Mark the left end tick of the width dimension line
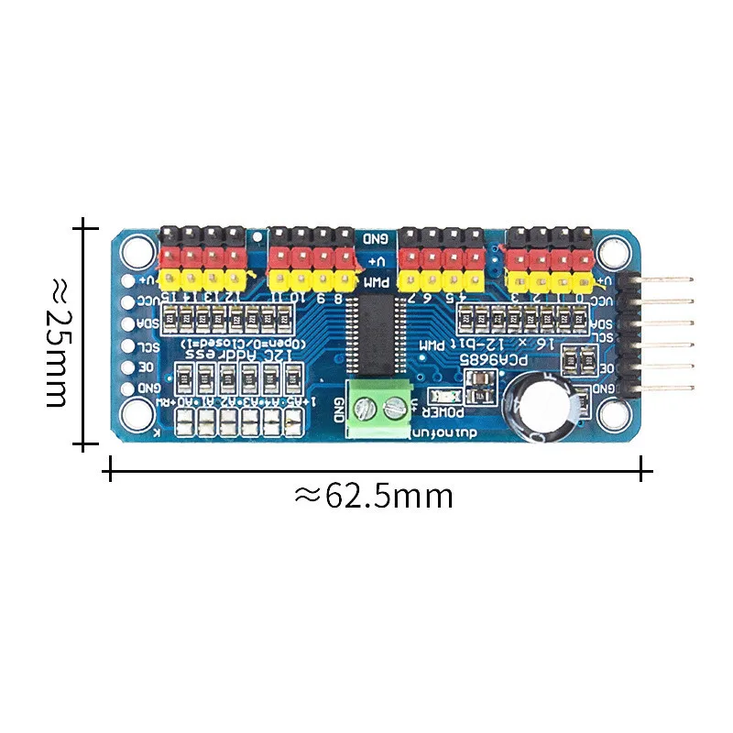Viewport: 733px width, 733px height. point(111,472)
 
